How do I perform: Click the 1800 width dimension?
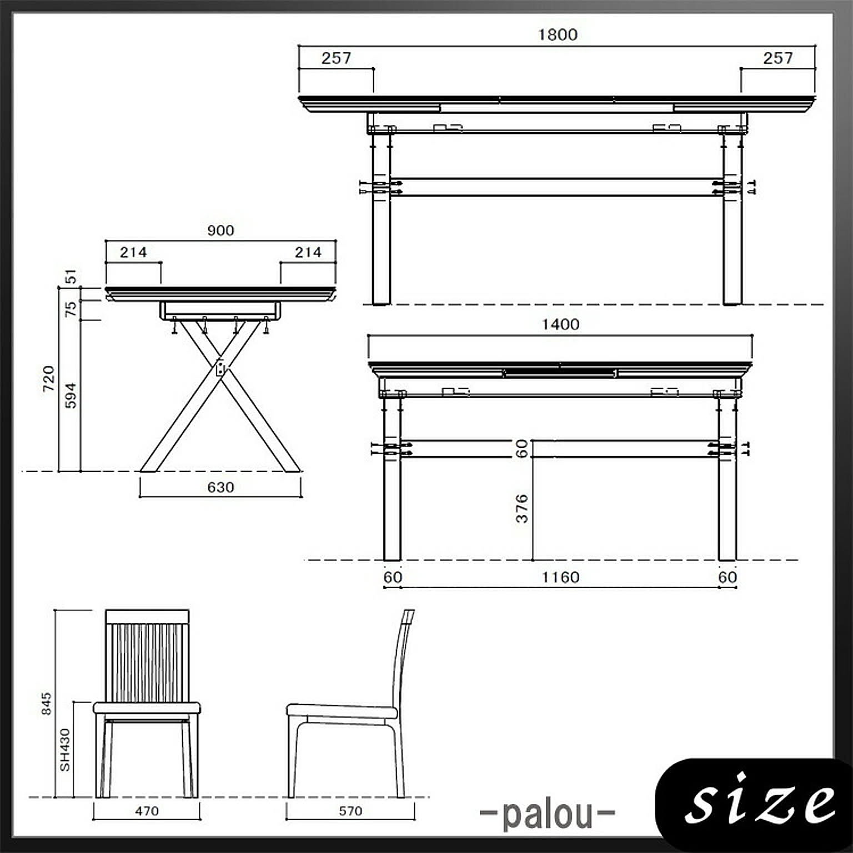tap(558, 34)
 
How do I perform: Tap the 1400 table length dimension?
tap(560, 324)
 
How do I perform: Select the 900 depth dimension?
tap(220, 230)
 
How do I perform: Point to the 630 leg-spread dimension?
tap(220, 487)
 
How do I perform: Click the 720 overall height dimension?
tap(49, 378)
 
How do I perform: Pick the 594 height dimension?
tap(71, 395)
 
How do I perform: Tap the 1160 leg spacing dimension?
tap(560, 578)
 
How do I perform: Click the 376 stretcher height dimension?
tap(522, 509)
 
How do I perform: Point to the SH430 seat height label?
tap(65, 750)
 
